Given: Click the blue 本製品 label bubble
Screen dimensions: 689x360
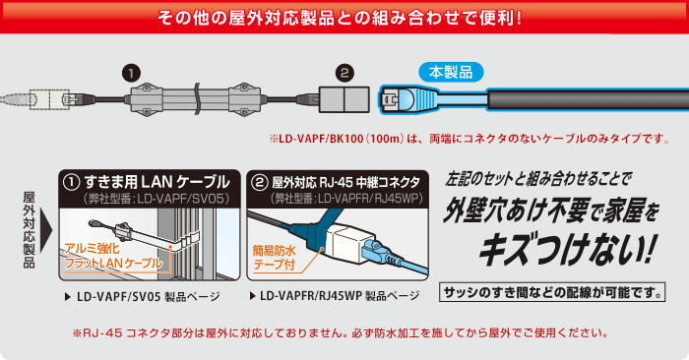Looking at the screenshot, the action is [x=451, y=73].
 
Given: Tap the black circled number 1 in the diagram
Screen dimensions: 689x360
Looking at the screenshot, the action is [x=131, y=74].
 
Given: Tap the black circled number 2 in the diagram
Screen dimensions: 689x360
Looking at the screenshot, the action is [x=344, y=74].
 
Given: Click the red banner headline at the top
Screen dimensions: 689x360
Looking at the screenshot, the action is [x=340, y=18].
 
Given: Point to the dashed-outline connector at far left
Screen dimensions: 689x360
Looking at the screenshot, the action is [x=49, y=99].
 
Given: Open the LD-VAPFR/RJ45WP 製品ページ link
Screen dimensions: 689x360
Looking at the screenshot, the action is [x=335, y=296].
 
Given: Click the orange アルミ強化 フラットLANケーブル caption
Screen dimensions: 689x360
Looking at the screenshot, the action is [x=113, y=256].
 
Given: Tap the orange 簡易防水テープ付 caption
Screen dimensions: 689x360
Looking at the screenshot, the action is [x=275, y=258].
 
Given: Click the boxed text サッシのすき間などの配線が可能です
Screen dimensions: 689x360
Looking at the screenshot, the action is [x=552, y=292].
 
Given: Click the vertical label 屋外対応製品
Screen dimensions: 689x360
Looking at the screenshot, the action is [x=29, y=229].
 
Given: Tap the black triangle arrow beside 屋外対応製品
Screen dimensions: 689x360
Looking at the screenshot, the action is [x=46, y=230].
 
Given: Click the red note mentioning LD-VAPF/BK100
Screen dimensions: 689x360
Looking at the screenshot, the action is [x=470, y=139].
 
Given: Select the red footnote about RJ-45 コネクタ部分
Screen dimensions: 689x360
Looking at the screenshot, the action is [x=341, y=332].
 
